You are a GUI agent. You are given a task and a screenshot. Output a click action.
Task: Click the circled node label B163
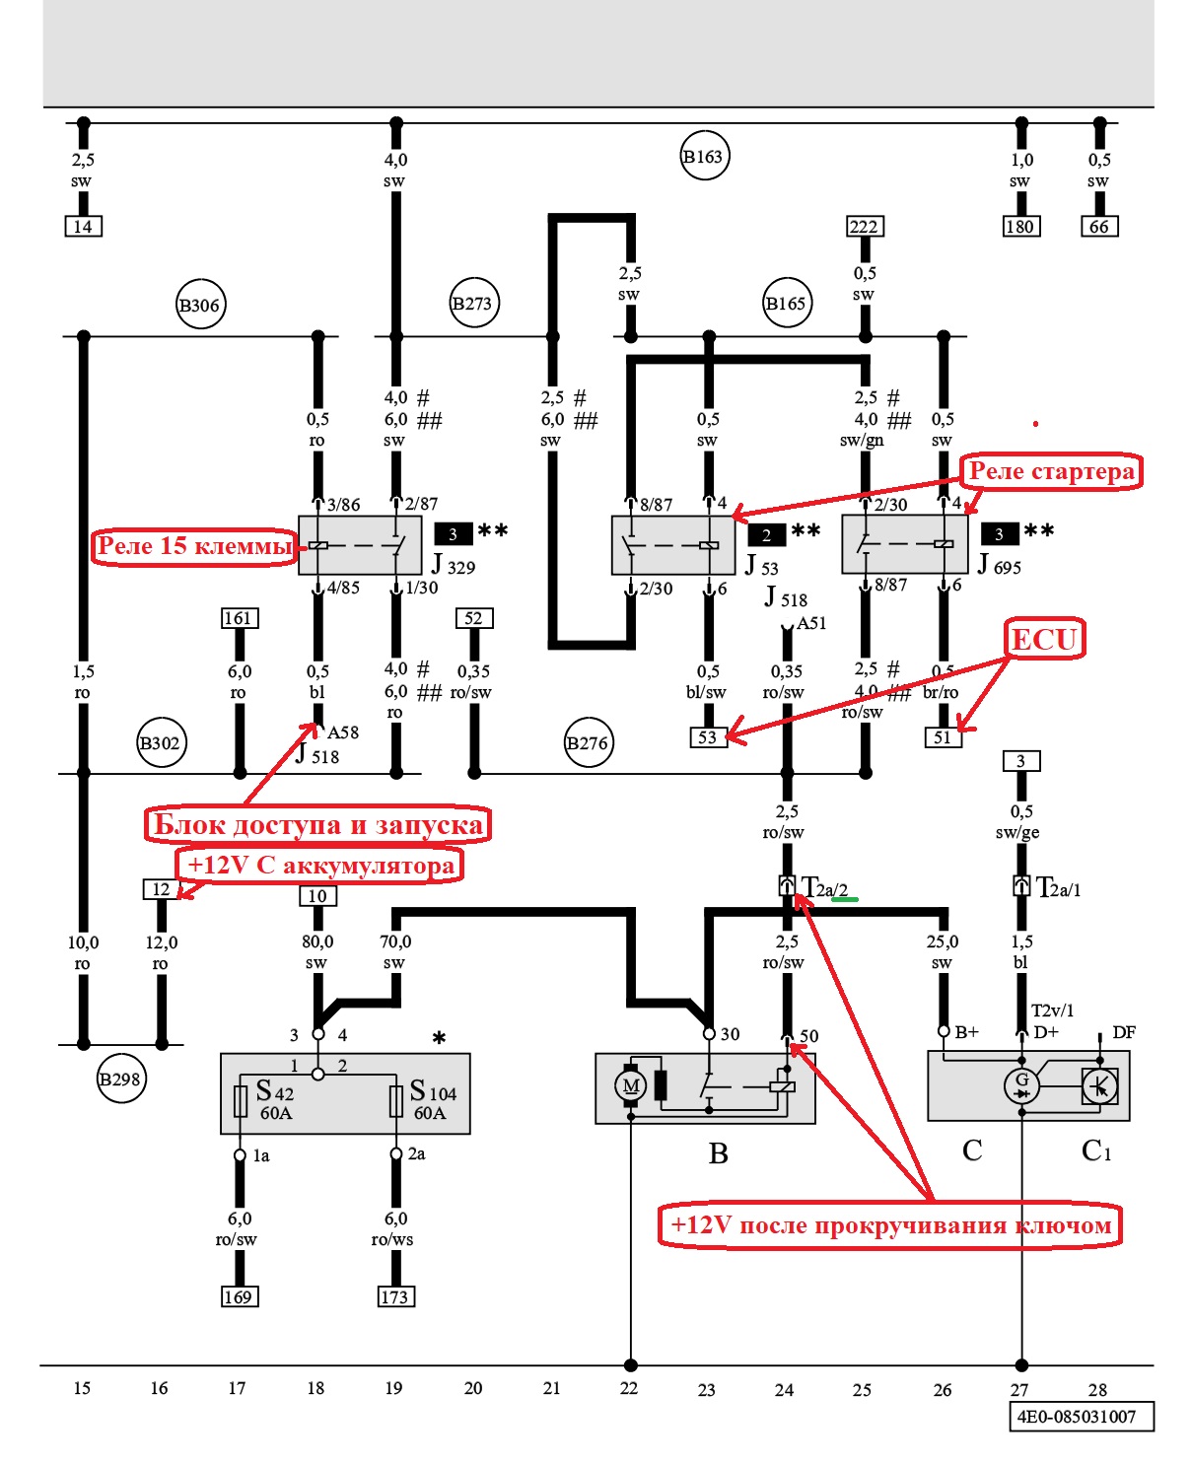coord(704,156)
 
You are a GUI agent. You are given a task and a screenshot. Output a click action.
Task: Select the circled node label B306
coord(200,305)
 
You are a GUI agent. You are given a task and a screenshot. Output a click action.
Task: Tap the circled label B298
coord(120,1079)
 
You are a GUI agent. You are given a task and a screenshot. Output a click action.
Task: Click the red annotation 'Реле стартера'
coord(1051,471)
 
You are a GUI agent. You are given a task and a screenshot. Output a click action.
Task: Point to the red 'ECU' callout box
coord(1044,640)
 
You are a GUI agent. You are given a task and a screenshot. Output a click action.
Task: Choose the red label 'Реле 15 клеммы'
coord(194,546)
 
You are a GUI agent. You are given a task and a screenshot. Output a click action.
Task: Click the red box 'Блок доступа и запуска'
coord(317,824)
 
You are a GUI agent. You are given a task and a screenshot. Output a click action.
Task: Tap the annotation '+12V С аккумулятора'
coord(320,866)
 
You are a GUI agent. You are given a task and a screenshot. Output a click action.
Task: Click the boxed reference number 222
coord(865,227)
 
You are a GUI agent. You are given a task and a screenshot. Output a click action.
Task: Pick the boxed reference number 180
coord(1019,227)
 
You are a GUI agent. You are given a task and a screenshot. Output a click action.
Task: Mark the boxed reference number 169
coord(239,1296)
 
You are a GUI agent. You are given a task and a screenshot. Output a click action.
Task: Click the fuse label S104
coord(433,1091)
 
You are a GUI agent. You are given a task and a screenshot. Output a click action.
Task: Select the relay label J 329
coord(454,565)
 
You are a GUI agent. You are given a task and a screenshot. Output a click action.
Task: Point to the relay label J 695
coord(1000,565)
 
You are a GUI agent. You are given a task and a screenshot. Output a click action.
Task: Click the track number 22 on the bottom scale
coord(629,1388)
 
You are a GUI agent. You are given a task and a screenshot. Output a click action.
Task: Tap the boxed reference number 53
coord(707,736)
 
